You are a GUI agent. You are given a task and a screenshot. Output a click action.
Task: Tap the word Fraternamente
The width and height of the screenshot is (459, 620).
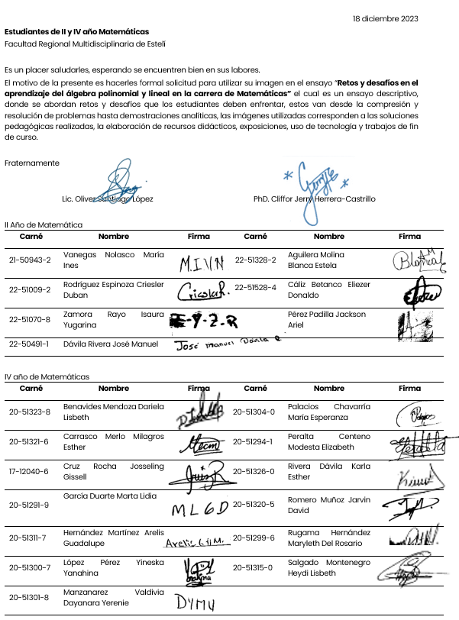[x=31, y=163]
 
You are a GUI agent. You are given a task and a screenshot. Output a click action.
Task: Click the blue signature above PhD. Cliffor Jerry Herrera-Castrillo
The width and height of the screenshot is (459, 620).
[x=315, y=187]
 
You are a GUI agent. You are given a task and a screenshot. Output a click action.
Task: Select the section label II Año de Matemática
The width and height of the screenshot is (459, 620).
[x=44, y=225]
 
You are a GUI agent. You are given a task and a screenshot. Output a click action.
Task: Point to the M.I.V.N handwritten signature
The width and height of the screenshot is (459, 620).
[x=202, y=264]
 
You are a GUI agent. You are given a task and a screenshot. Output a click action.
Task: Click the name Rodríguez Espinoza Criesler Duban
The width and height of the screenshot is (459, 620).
[x=113, y=289]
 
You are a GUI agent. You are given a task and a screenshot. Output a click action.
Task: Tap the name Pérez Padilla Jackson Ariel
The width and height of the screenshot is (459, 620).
[x=326, y=319]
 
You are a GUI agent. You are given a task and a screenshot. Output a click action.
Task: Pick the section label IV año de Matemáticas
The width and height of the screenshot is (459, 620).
[x=47, y=376]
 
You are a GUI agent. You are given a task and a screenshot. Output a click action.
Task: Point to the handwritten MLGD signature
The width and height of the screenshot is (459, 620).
[x=200, y=509]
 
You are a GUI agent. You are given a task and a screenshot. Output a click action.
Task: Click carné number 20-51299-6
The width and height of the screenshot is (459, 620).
[x=254, y=538]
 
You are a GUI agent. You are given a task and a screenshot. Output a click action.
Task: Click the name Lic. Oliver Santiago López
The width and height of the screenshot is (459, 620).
[x=107, y=199]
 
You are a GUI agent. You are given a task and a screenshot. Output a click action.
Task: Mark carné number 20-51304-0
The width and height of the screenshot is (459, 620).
[x=254, y=412]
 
